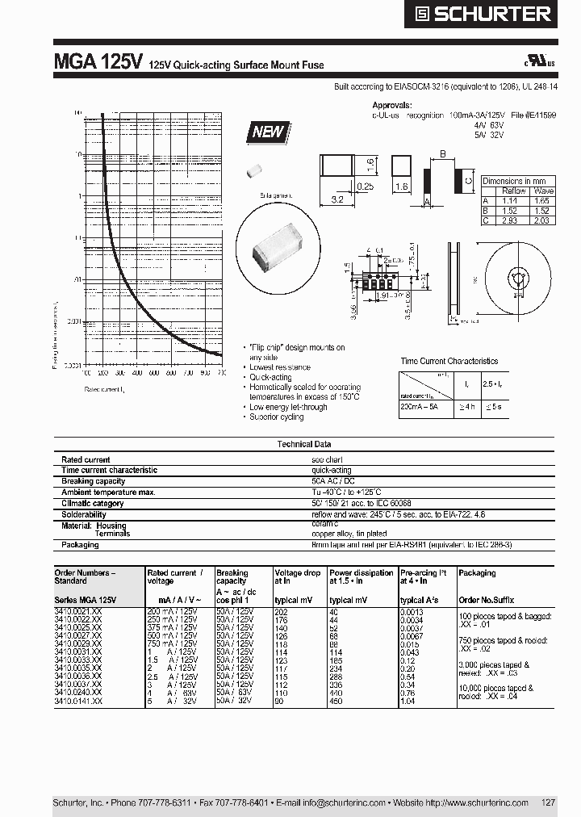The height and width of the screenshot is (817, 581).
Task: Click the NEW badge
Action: [269, 132]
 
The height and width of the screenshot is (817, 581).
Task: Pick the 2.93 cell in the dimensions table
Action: [509, 220]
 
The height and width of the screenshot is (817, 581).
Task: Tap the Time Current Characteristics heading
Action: [449, 361]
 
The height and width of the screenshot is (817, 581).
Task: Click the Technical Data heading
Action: [304, 444]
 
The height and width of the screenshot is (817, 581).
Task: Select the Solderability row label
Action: [84, 514]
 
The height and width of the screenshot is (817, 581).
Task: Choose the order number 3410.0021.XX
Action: [78, 613]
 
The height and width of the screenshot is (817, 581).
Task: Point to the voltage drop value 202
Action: [281, 613]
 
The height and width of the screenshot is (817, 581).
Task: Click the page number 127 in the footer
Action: [548, 802]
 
